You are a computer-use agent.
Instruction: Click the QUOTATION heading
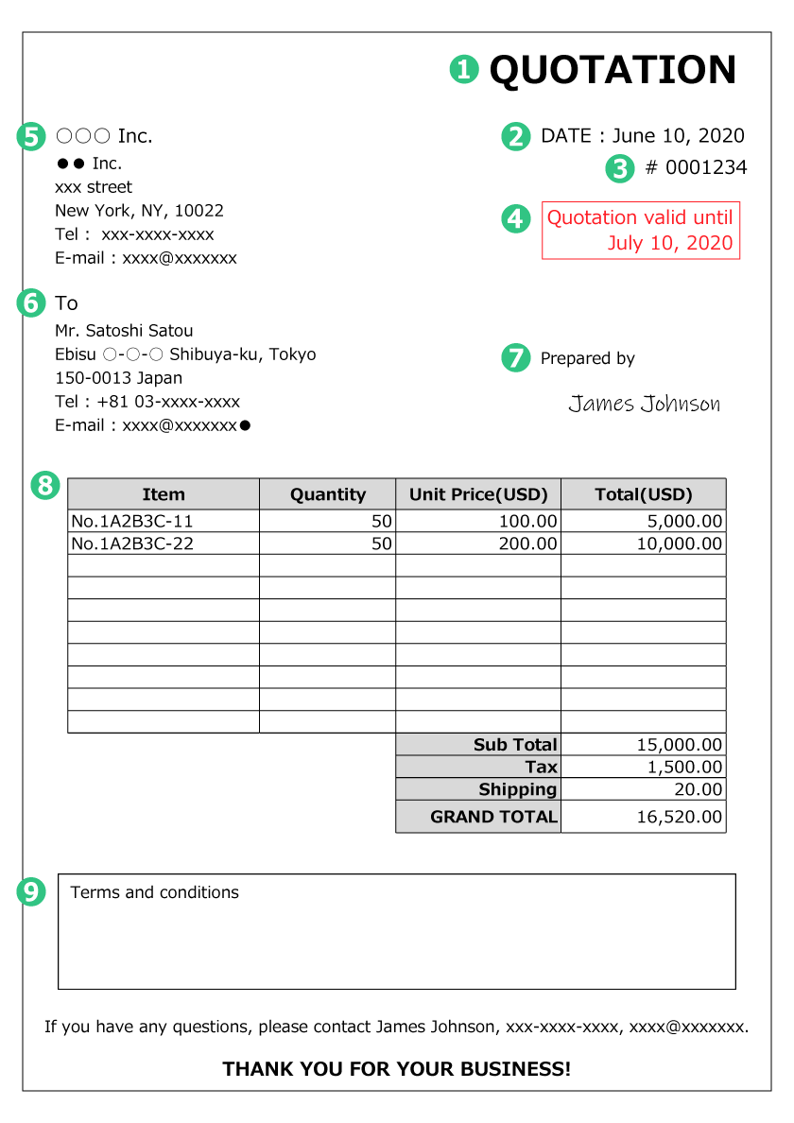[x=613, y=70]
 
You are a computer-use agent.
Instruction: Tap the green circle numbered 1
[x=464, y=69]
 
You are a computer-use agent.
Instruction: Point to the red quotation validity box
[x=640, y=231]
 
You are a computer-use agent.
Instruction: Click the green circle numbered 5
[x=31, y=136]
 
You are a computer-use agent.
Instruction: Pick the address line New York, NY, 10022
[x=139, y=211]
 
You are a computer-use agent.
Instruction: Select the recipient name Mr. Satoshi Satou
[x=124, y=331]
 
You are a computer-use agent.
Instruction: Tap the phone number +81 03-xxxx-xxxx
[x=168, y=402]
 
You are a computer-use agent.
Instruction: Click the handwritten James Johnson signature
[x=644, y=405]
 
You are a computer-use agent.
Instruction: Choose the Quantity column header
[x=327, y=494]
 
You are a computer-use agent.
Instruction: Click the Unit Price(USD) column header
[x=478, y=494]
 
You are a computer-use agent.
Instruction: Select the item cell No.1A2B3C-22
[x=132, y=544]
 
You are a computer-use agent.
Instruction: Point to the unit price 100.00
[x=528, y=521]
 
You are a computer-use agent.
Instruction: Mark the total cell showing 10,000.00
[x=680, y=544]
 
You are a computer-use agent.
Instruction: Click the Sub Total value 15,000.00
[x=680, y=745]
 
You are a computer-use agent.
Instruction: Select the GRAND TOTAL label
[x=493, y=817]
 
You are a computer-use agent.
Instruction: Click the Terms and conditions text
[x=155, y=892]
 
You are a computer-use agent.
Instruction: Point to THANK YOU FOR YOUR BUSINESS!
[x=397, y=1069]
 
